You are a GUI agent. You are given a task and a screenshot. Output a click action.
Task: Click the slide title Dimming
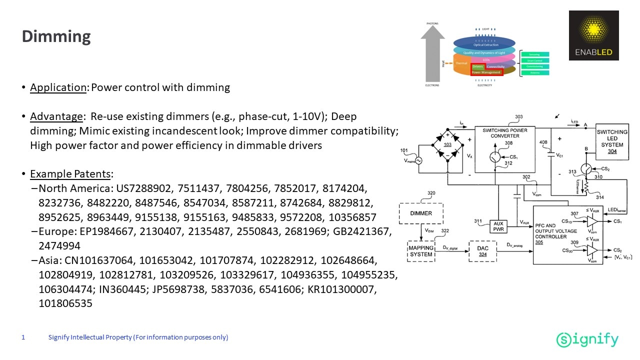56,36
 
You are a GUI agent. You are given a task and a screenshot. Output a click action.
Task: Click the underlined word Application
58,87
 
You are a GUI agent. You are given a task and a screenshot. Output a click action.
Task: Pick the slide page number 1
23,337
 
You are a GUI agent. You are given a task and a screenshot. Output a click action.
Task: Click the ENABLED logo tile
593,35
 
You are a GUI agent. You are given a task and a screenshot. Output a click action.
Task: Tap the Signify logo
587,340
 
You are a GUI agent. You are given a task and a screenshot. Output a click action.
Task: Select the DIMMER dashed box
421,213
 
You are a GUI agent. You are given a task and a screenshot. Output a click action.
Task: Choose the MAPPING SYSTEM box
421,251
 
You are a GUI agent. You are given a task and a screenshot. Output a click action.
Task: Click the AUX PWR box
498,226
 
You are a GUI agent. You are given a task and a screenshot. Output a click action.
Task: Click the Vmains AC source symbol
416,160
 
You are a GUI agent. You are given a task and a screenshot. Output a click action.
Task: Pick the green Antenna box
535,73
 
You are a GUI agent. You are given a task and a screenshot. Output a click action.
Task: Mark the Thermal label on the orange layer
461,63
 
